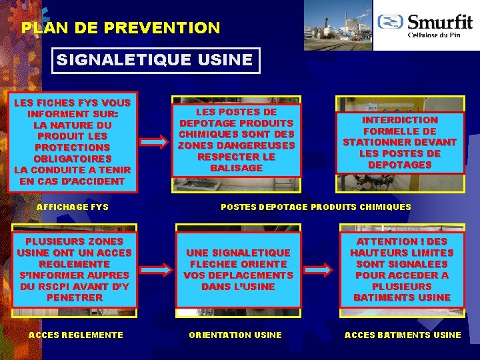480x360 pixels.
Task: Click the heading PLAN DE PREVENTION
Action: coord(121,28)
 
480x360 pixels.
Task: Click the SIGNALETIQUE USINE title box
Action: coord(155,60)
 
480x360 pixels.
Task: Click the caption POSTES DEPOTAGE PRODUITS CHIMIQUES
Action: coord(316,207)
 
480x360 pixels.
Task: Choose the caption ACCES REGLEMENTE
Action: coord(75,335)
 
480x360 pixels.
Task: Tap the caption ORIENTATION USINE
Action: coord(235,335)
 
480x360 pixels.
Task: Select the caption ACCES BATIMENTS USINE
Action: coord(403,335)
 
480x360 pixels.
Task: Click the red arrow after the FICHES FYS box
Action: coord(155,141)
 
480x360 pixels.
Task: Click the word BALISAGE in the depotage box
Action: coord(237,167)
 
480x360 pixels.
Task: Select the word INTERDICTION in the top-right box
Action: coord(399,120)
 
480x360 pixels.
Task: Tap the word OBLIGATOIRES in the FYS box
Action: coord(73,159)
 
